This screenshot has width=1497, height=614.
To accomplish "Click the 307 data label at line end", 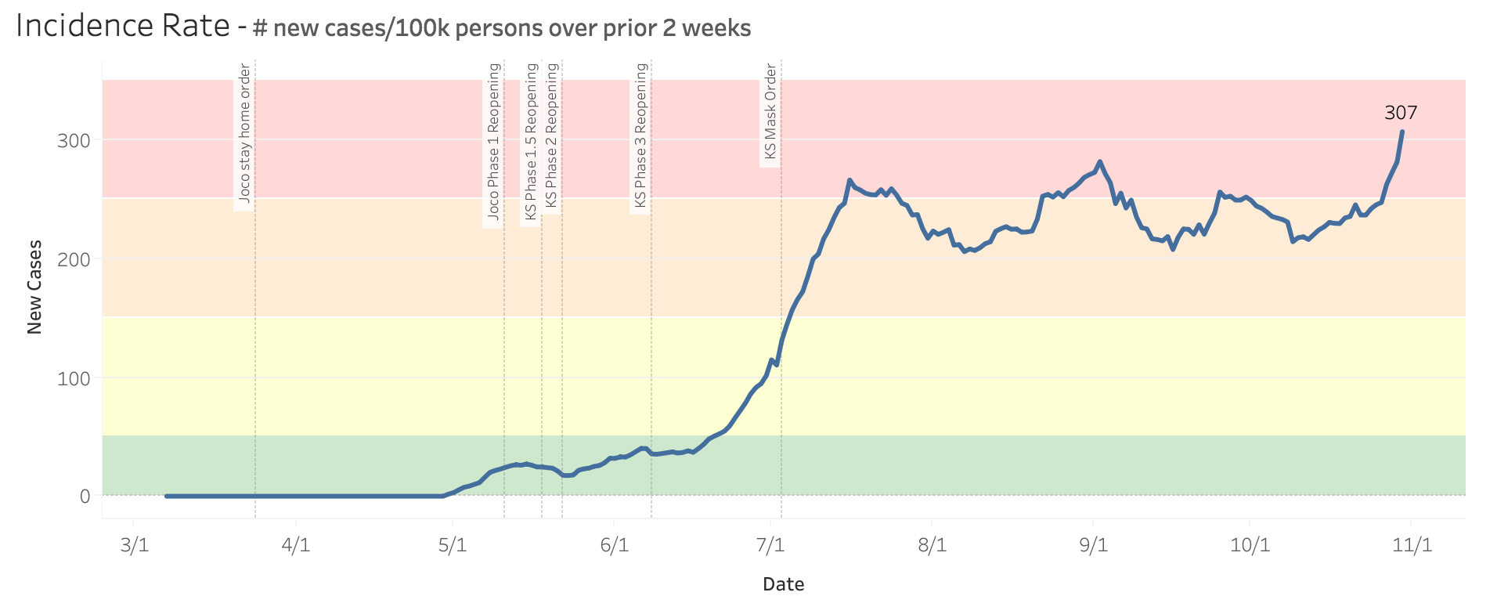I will tap(1401, 113).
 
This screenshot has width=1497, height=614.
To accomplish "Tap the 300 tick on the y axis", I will tap(74, 141).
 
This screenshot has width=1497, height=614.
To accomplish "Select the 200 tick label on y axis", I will tap(74, 259).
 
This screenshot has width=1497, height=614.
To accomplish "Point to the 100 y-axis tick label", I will tap(74, 378).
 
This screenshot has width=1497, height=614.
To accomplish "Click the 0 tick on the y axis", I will tap(85, 497).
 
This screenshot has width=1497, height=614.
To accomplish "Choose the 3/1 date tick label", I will tap(134, 545).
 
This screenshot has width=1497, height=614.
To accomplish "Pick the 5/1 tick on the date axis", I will tap(453, 545).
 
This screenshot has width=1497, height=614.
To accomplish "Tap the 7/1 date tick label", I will tap(770, 545).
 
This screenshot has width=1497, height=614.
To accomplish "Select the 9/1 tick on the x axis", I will tap(1093, 545).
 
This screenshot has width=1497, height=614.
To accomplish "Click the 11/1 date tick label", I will tap(1412, 545).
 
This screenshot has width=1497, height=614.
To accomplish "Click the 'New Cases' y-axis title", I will tap(34, 287).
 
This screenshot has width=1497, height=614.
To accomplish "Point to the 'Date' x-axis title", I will tap(783, 584).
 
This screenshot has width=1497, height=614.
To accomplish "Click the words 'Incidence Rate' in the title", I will tap(123, 27).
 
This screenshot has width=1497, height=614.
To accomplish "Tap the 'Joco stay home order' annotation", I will tap(244, 134).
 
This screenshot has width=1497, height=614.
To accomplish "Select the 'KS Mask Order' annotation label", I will tap(770, 112).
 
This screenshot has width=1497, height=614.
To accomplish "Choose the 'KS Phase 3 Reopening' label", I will tap(640, 135).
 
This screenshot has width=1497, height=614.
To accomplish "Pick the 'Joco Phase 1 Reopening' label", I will tap(493, 141).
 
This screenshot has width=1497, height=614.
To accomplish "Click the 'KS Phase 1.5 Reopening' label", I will tap(532, 142).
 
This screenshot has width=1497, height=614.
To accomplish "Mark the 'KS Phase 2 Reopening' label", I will tap(551, 135).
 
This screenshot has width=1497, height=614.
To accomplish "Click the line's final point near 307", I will tap(1401, 132).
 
